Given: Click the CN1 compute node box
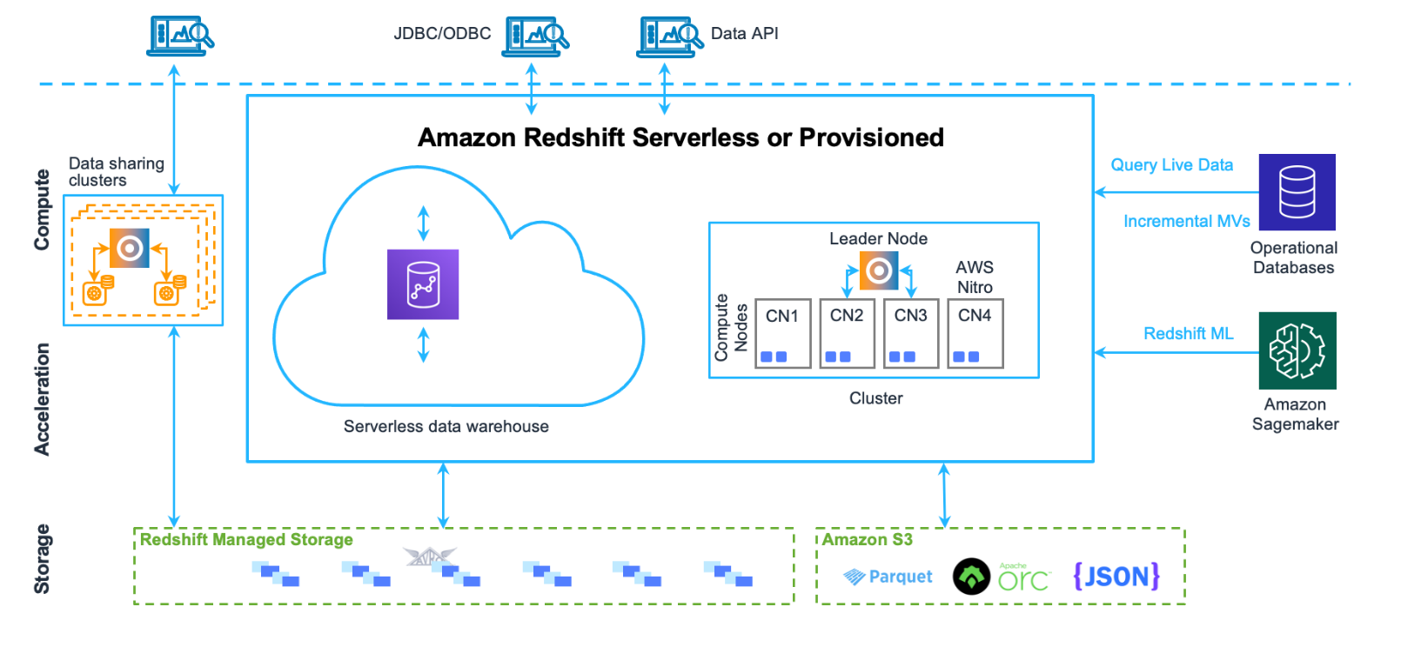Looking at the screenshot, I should coord(782,333).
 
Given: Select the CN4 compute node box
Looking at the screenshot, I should coord(975,333).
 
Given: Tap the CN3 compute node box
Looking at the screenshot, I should coord(910,333).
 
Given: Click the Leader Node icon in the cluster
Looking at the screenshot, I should coord(878,270).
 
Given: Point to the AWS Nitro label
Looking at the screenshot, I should coord(975,277).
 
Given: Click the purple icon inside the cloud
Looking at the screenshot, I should coord(423,284).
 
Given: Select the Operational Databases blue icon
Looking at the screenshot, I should coord(1297,192).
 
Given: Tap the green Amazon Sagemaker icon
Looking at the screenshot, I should coord(1297,350).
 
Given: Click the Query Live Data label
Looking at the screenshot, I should coord(1171,165).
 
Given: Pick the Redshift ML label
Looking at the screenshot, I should coord(1188,334).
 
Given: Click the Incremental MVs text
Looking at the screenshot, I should coord(1186,222).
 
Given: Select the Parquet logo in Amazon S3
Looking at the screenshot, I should coord(888,577).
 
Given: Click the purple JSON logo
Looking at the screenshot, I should coord(1116,576).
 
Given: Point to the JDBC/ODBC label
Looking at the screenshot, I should coord(442,34).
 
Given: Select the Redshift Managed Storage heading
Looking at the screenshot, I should coord(246,540).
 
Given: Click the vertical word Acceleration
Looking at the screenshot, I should coord(42,399).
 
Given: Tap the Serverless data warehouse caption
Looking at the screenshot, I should coord(446,427).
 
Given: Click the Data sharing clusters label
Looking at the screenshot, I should coord(116,172).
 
